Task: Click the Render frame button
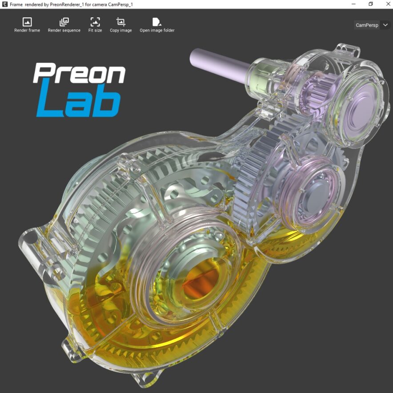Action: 27,25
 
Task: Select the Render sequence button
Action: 64,25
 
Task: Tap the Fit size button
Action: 95,25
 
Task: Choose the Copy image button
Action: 121,25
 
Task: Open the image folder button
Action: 157,25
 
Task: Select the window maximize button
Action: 370,4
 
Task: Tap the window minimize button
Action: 354,4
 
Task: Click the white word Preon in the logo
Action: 79,74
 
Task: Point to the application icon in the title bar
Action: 5,4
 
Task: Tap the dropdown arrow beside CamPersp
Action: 385,25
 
